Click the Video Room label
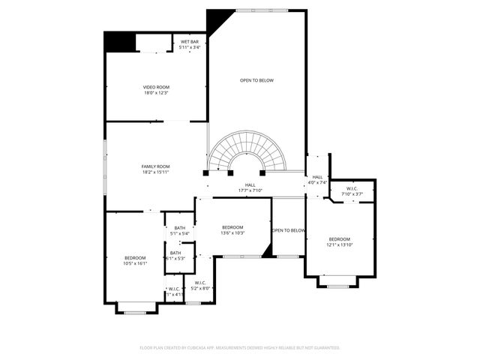156,87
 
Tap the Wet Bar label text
189,41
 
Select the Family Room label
156,166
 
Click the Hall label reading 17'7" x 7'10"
250,184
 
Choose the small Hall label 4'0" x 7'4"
317,177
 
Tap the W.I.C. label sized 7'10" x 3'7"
352,188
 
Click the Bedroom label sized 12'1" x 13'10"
339,239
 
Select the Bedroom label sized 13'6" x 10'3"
232,227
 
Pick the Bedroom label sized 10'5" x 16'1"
135,258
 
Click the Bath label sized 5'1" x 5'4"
180,228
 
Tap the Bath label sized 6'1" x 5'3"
175,253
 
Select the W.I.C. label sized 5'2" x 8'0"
200,283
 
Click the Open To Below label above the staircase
256,80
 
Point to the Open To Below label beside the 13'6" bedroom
289,230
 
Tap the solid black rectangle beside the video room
118,42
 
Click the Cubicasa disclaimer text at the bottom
240,348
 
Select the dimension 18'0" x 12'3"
156,93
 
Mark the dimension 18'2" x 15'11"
156,172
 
